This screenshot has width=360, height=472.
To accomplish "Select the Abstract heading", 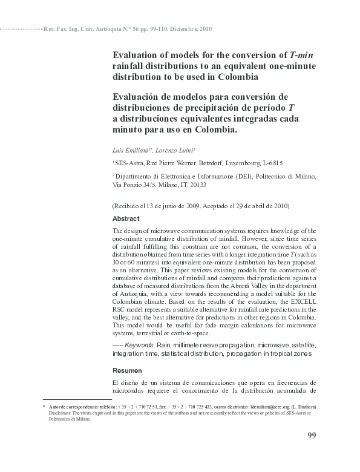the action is pyautogui.click(x=126, y=219).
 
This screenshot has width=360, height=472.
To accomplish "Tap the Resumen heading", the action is pyautogui.click(x=127, y=370).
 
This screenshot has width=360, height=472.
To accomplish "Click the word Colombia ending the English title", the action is pyautogui.click(x=234, y=77).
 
